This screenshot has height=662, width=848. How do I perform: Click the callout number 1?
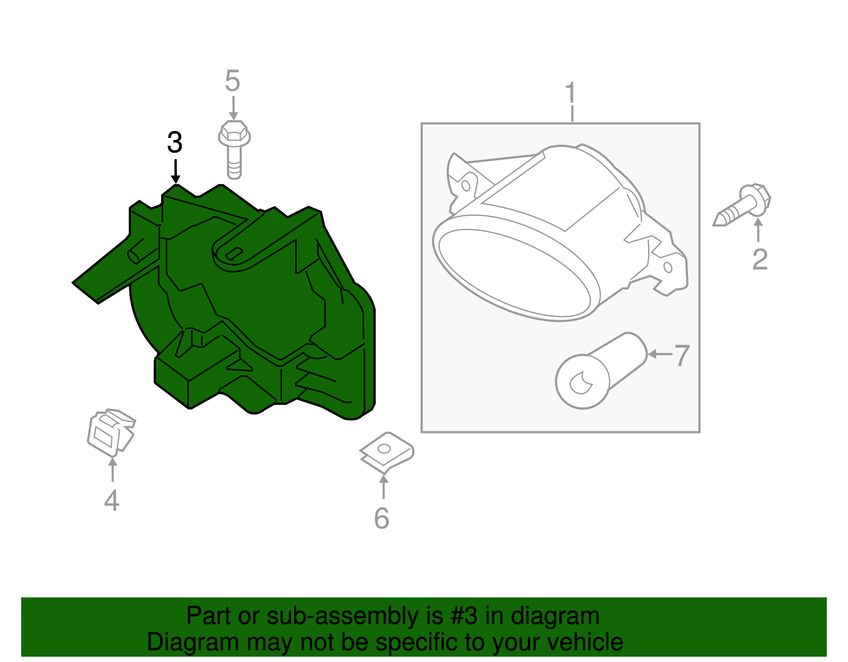pos(570,94)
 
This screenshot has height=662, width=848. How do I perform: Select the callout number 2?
pos(759,260)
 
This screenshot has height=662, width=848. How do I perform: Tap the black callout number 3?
pos(175,143)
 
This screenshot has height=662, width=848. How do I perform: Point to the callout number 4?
pos(111,500)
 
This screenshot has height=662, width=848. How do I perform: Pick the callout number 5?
pos(232,81)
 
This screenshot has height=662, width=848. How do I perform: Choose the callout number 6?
pos(382,518)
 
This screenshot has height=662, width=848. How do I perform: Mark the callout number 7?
pos(682,355)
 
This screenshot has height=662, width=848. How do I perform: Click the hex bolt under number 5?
pos(234,149)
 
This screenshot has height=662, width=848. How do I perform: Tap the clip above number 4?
pos(111,431)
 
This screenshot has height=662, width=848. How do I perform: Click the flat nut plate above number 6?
pos(386,452)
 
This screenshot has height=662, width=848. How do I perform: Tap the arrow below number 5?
pos(233,108)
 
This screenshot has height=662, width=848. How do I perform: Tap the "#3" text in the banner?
pos(464,616)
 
